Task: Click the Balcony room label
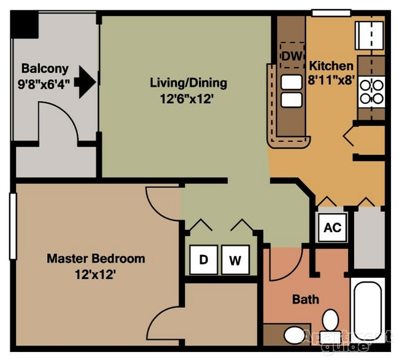(45, 68)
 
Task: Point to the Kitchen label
(331, 65)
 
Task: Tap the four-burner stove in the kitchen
(371, 90)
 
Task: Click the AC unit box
(332, 227)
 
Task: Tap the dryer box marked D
(204, 260)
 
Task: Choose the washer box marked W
(235, 260)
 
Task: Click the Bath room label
(305, 299)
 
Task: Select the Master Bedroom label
(96, 258)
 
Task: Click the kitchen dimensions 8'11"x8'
(331, 80)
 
